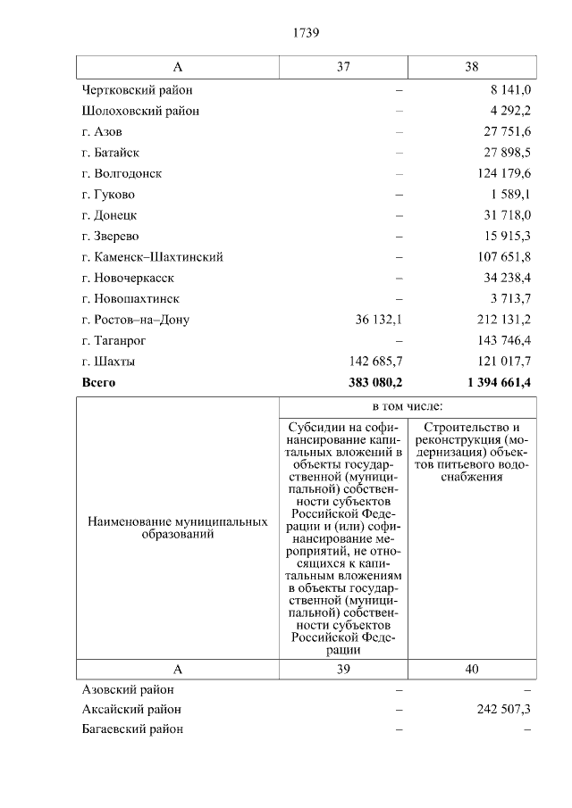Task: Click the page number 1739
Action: tap(306, 33)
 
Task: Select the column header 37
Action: tap(344, 68)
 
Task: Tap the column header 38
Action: tap(472, 68)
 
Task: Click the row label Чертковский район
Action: tap(137, 90)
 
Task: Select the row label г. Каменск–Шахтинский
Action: tap(152, 257)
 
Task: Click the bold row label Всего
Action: tap(98, 383)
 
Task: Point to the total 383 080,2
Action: tap(369, 383)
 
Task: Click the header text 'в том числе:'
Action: tap(408, 406)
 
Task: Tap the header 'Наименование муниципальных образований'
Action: tap(178, 528)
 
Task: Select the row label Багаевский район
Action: tap(132, 730)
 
